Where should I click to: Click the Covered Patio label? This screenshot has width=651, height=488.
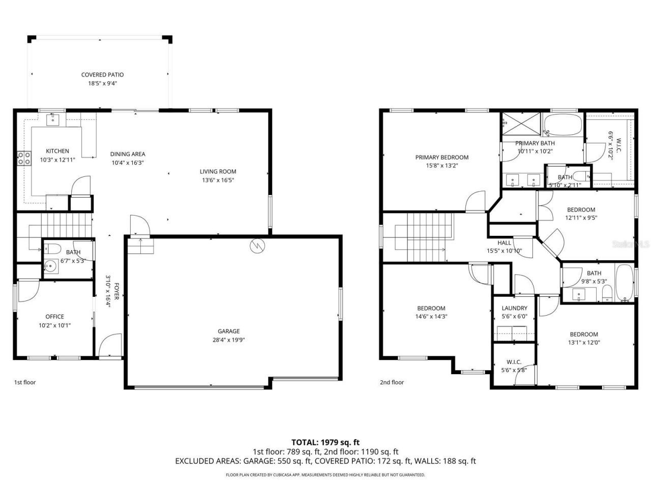102,75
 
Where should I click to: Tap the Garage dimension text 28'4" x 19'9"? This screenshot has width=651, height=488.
228,340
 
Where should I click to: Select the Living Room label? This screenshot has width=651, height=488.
218,171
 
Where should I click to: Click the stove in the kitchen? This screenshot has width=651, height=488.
24,159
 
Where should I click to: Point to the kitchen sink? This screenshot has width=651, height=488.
53,119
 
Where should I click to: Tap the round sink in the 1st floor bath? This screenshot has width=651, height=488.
49,265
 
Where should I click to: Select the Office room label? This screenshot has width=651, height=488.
55,317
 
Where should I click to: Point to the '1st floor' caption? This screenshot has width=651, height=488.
24,382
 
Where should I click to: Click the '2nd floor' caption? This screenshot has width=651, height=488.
392,382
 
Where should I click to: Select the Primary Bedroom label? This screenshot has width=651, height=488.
441,157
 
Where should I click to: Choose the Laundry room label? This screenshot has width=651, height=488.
514,308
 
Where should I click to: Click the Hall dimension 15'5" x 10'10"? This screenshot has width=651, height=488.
505,251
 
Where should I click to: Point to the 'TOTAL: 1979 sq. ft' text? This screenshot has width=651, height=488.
325,442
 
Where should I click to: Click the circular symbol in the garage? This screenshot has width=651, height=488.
257,246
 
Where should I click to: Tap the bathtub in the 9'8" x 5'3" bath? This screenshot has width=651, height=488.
624,283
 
